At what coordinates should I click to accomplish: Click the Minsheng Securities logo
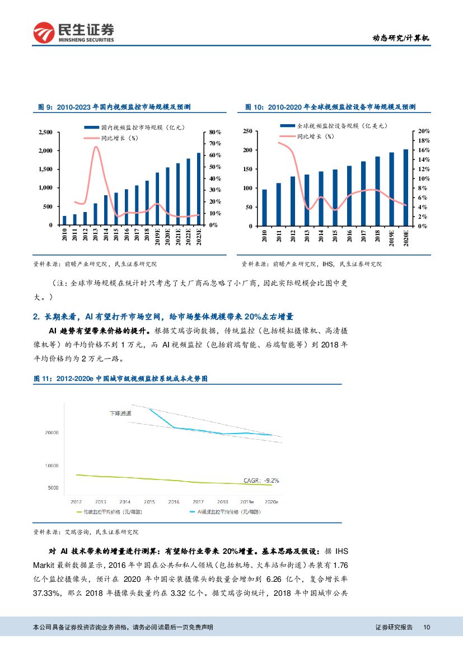73,32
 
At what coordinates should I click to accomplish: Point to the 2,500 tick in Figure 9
45,132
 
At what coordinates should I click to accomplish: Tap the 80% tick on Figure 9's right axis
216,132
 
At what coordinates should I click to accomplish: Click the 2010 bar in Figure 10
264,208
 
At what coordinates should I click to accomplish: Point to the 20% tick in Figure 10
423,131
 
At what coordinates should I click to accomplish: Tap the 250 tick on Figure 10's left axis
247,131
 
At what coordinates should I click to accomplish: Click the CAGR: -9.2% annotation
261,480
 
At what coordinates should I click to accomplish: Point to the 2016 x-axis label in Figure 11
174,502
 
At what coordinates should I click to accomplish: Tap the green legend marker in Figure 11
79,512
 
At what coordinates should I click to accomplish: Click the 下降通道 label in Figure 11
120,413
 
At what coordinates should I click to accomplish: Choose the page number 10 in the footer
427,628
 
